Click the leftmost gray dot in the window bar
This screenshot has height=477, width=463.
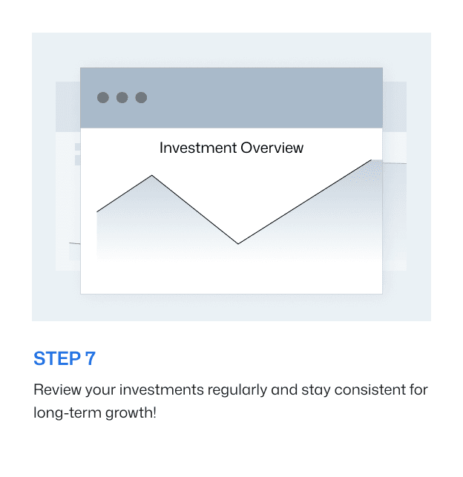click(x=103, y=97)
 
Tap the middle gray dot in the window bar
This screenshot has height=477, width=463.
click(x=122, y=97)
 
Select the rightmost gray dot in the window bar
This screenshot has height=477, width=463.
click(x=141, y=97)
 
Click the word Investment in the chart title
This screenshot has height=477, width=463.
click(x=195, y=148)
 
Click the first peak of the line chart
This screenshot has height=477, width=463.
click(x=153, y=176)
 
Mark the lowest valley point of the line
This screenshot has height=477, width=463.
click(x=238, y=243)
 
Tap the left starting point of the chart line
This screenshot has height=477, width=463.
click(x=97, y=212)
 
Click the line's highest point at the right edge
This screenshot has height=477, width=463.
click(x=371, y=160)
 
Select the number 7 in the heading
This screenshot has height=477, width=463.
click(x=91, y=359)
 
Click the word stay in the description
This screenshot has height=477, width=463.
click(x=295, y=390)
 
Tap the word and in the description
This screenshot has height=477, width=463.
click(x=263, y=389)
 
